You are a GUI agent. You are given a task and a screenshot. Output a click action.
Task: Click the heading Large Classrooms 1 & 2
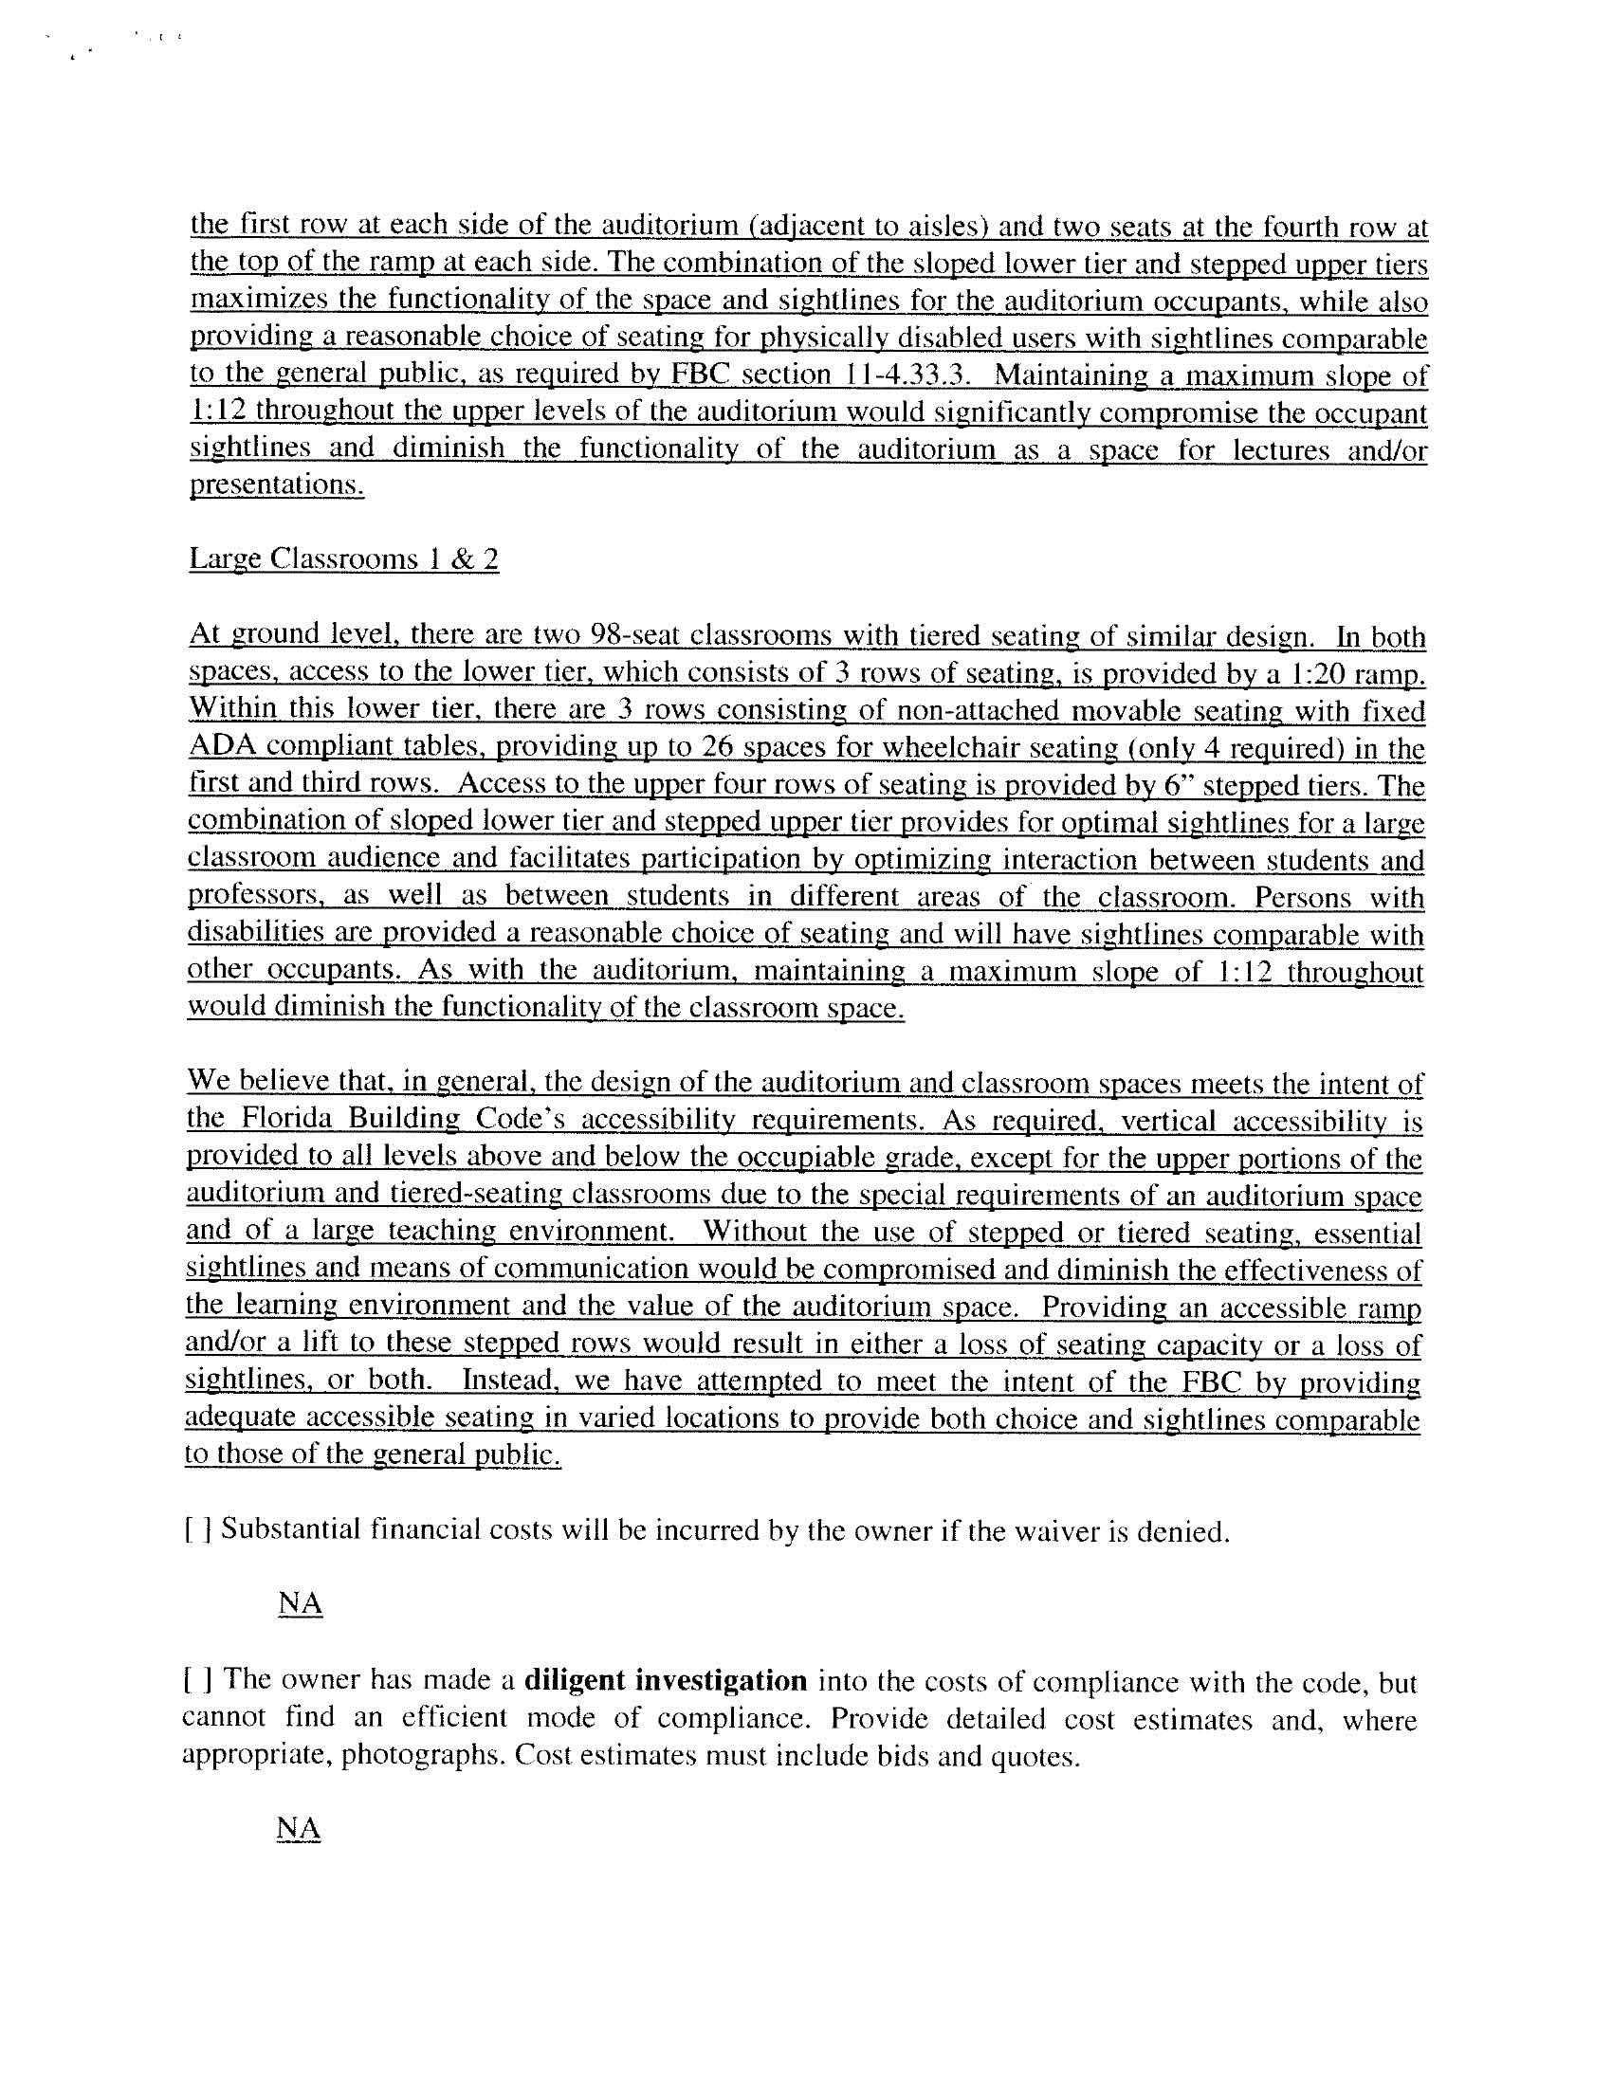344,558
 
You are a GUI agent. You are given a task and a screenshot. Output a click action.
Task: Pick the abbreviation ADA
216,747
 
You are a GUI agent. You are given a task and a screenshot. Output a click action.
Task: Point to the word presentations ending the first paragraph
277,485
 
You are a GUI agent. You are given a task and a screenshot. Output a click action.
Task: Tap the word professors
241,896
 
